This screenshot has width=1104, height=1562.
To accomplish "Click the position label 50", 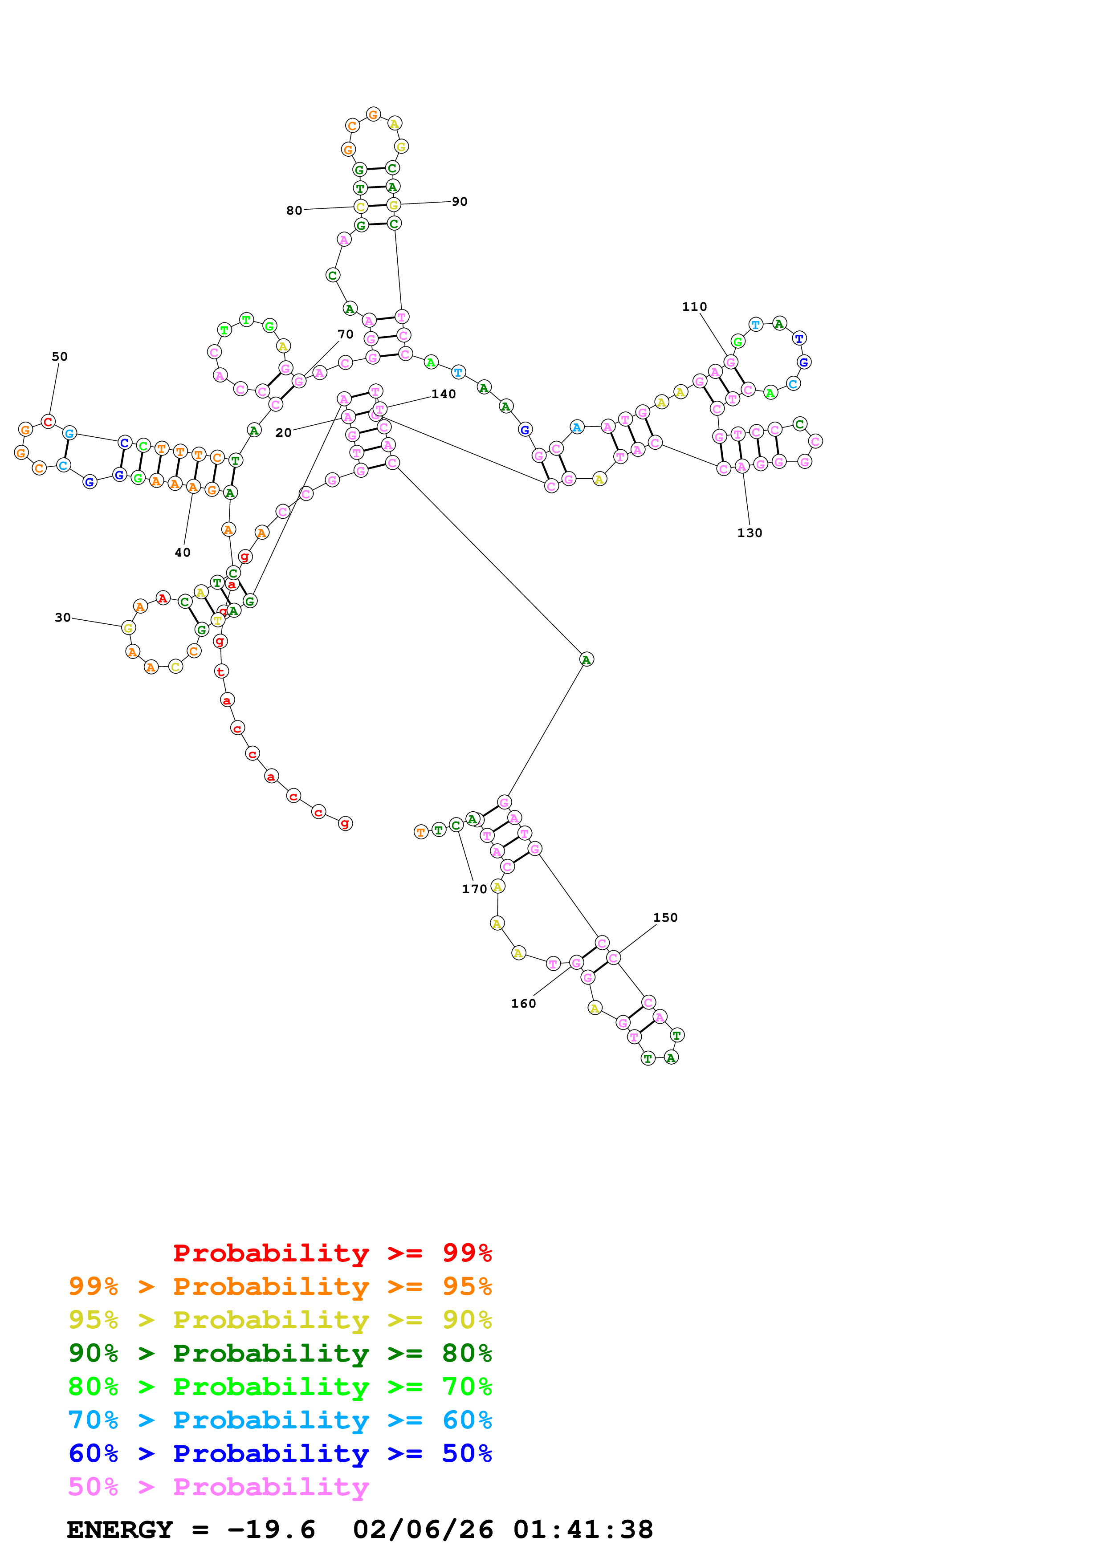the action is [60, 357].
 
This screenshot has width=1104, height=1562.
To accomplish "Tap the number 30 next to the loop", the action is [63, 617].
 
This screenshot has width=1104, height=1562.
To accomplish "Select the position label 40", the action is [182, 553].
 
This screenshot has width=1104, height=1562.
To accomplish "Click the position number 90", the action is [460, 201].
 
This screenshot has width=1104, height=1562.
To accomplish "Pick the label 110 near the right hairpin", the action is [694, 307].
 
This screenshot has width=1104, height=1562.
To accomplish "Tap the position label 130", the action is [750, 533].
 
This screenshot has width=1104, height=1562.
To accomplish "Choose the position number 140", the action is [444, 394].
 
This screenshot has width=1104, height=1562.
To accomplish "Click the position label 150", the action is [665, 917].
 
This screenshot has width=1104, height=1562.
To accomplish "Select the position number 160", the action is [523, 1004].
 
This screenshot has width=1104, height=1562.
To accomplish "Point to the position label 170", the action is [474, 889].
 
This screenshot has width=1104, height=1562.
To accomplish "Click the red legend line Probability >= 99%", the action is [332, 1253].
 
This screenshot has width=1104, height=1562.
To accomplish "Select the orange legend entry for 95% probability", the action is [280, 1286].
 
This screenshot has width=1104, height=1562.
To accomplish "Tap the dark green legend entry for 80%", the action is [280, 1353].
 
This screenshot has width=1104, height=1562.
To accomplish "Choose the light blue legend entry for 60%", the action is [280, 1420].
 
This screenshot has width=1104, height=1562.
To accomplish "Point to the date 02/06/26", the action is [423, 1529].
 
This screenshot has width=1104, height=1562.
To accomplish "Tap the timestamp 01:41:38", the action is [583, 1529].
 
